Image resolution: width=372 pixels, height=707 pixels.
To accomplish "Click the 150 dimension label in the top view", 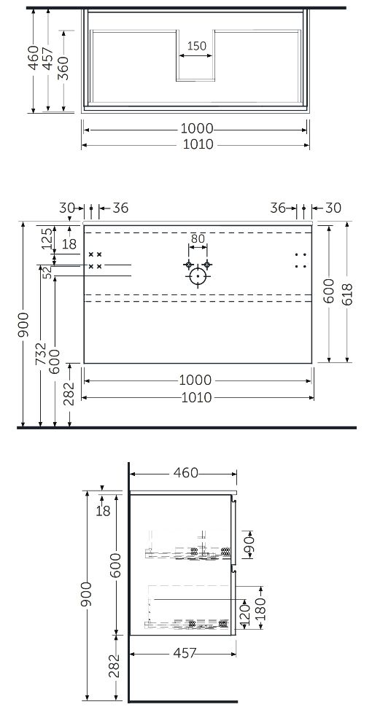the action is coord(196,45).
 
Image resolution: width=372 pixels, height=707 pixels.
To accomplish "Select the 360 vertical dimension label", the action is coord(64,68).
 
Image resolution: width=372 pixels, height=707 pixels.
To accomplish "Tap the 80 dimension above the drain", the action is coord(198,238).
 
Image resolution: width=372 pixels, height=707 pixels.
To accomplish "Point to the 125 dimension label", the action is coord(47,238).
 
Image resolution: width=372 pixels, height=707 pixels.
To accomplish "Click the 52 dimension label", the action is coord(47,273).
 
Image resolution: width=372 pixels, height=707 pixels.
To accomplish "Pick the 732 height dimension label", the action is coord(41,353).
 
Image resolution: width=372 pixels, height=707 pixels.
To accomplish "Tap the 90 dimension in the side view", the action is coord(249,544).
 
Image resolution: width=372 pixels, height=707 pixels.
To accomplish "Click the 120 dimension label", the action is coord(244,612).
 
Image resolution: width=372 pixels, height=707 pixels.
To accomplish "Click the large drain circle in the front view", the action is coord(198,276).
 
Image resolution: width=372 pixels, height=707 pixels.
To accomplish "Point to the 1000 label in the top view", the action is coord(197,129).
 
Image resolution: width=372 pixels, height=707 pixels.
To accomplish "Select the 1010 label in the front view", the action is coord(196,397).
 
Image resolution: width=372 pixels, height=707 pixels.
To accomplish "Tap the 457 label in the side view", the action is coord(185,653).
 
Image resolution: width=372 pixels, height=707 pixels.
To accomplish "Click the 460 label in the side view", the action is coord(186,472).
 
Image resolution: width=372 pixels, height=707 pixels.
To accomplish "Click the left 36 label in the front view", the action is coord(120,208).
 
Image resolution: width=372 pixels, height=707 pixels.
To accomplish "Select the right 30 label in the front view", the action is coord(333,208).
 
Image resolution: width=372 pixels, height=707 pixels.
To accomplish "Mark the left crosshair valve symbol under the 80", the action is coord(189,265).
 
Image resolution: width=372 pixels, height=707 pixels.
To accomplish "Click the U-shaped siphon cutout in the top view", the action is coord(195,81).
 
